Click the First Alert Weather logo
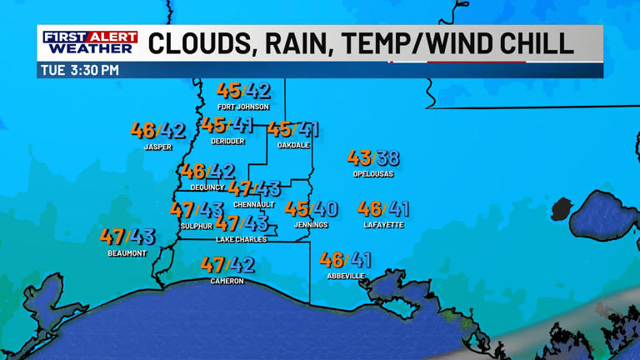pyautogui.click(x=90, y=42)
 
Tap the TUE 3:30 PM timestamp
pyautogui.click(x=80, y=71)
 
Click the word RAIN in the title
pyautogui.click(x=285, y=42)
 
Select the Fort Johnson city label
pyautogui.click(x=243, y=107)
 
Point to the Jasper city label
pyautogui.click(x=157, y=147)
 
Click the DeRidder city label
pyautogui.click(x=227, y=142)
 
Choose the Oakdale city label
pyautogui.click(x=293, y=146)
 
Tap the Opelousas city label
pyautogui.click(x=372, y=174)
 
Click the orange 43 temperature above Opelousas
pyautogui.click(x=359, y=157)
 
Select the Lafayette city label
pyautogui.click(x=383, y=225)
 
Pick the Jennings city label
pyautogui.click(x=311, y=225)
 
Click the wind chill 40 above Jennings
pyautogui.click(x=326, y=209)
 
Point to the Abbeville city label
pyautogui.click(x=345, y=276)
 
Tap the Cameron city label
pyautogui.click(x=227, y=282)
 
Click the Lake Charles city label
pyautogui.click(x=242, y=240)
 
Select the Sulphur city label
pyautogui.click(x=197, y=226)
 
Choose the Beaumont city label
pyautogui.click(x=127, y=253)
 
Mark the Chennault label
pyautogui.click(x=254, y=205)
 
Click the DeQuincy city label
pyautogui.click(x=207, y=187)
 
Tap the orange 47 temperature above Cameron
pyautogui.click(x=213, y=265)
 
